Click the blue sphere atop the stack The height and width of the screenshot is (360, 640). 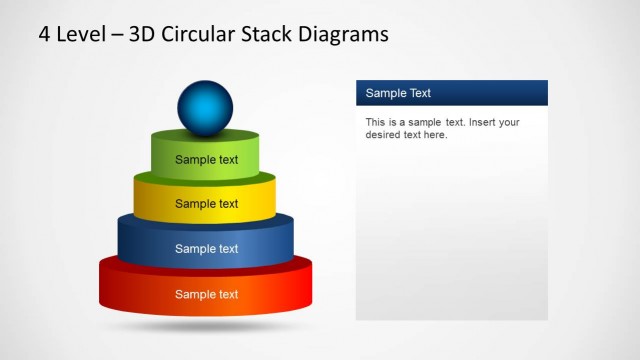point(205,107)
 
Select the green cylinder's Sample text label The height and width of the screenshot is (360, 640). point(206,159)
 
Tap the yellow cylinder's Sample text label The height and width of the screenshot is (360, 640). point(206,204)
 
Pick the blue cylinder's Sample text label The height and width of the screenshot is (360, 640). point(206,249)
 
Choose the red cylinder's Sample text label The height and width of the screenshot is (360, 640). point(206,294)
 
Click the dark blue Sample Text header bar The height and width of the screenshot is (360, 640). point(451,93)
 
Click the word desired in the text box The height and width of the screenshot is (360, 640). point(383,135)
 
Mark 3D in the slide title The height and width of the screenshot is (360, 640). point(137,35)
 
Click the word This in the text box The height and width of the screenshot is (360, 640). point(376,122)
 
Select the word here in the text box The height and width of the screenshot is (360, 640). point(433,135)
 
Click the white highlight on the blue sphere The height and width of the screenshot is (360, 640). point(197,95)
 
